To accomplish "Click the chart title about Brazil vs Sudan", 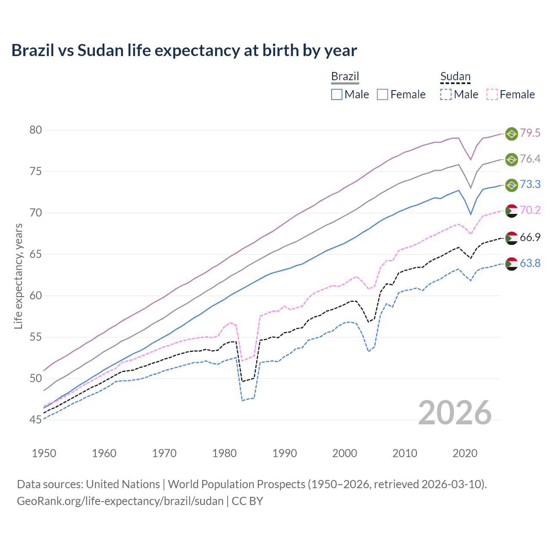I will (184, 50).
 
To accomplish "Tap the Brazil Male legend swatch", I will (337, 94).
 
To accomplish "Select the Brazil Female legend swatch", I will (383, 94).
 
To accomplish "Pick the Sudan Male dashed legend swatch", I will (446, 94).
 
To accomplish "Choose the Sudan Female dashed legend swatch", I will (492, 94).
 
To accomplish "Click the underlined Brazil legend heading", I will (345, 77).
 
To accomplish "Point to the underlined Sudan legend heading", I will (455, 77).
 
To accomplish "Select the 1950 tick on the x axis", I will (44, 453).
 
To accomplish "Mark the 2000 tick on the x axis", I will (345, 453).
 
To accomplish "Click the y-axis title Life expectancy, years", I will (18, 276).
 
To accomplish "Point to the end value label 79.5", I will (530, 133).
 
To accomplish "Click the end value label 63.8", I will (530, 263).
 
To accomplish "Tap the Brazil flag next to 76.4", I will (511, 159).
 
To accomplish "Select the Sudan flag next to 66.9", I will (511, 238).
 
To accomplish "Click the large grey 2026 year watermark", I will (455, 413).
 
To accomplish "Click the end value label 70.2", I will (530, 210).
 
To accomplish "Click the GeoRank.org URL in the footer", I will (120, 501).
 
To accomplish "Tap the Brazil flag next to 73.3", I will (511, 185).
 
